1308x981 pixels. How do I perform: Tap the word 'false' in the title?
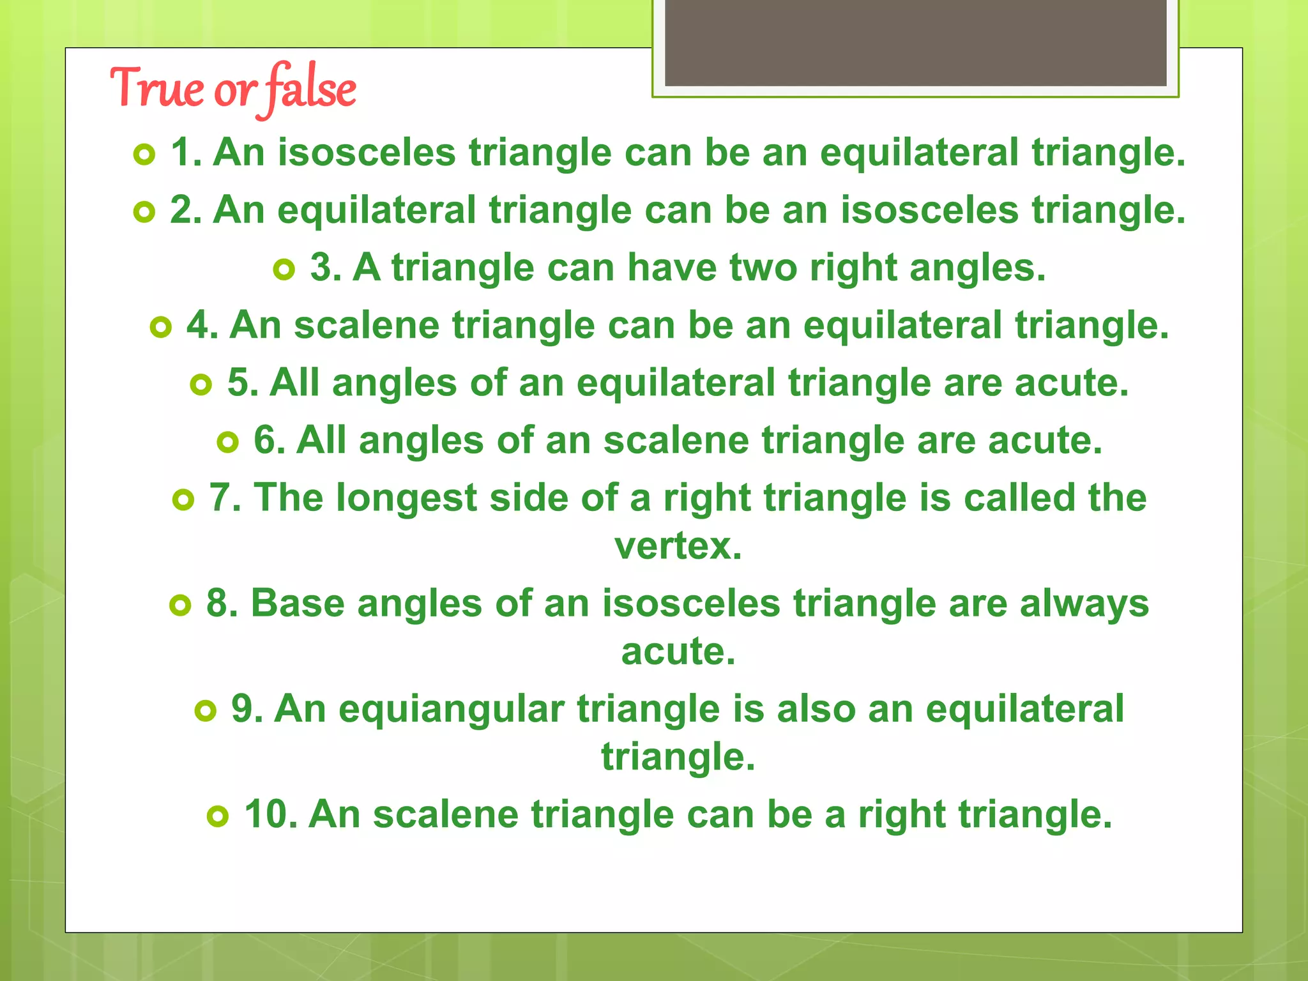(x=311, y=87)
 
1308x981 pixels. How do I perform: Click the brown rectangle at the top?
(x=915, y=43)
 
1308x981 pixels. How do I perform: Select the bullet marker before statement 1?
(x=145, y=155)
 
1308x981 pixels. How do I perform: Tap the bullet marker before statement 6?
(x=228, y=442)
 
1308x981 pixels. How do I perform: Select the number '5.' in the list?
(x=243, y=383)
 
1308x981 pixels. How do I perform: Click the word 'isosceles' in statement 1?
(x=367, y=153)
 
